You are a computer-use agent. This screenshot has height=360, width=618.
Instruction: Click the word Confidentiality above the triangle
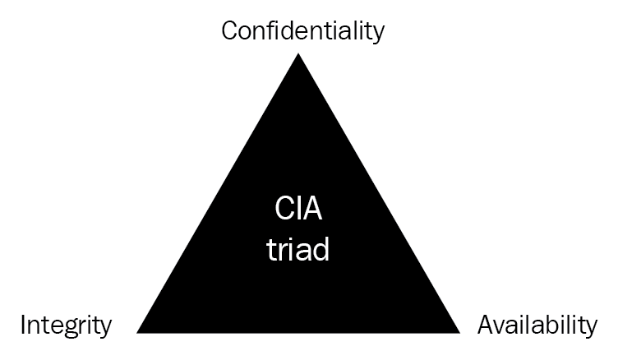[302, 31]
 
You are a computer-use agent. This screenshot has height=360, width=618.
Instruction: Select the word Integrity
[66, 326]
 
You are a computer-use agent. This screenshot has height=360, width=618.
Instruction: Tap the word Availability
[537, 326]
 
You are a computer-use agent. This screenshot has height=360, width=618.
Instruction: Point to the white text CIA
[298, 208]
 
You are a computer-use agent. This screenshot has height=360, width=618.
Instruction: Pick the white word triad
[298, 249]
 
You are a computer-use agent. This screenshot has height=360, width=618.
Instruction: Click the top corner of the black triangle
[298, 53]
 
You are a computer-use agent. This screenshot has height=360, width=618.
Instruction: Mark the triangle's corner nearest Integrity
[136, 333]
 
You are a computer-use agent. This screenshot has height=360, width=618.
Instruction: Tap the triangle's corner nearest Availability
[460, 333]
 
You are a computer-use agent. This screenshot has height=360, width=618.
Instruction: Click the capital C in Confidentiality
[229, 30]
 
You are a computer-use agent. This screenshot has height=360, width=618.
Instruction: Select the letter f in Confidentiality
[271, 30]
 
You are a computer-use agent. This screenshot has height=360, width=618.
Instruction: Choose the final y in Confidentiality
[377, 34]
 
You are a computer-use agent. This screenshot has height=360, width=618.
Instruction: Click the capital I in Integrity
[23, 325]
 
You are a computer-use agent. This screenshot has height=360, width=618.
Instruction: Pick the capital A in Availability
[487, 325]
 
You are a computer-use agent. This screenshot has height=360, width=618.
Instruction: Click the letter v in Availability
[502, 328]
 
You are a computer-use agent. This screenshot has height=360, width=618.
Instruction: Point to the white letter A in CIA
[313, 209]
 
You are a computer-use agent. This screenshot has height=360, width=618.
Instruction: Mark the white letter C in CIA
[283, 208]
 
